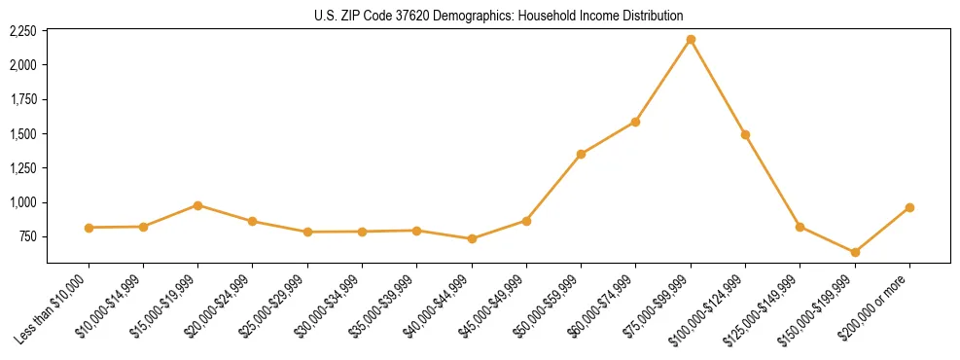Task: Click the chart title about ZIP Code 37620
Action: tap(499, 16)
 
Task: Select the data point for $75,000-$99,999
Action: tap(691, 39)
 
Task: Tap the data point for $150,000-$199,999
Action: tap(855, 252)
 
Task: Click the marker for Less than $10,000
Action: tap(89, 228)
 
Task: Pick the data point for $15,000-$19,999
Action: tap(197, 205)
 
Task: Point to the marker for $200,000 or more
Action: tap(909, 207)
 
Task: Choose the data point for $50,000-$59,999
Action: tap(581, 154)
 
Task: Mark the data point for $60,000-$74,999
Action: tap(635, 122)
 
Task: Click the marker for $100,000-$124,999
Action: tap(745, 134)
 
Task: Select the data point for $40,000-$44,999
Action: tap(472, 238)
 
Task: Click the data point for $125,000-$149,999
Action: tap(800, 227)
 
